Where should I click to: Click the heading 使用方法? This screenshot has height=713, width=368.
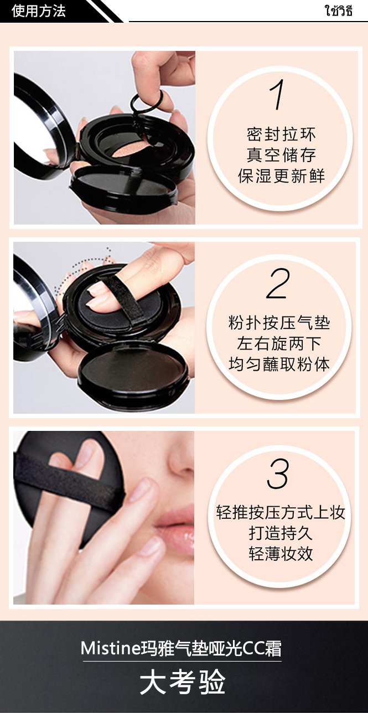tap(39, 11)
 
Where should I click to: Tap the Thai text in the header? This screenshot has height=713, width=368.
tap(339, 11)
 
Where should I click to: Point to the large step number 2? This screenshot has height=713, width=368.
tap(278, 283)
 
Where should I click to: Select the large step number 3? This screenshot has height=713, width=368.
tap(278, 473)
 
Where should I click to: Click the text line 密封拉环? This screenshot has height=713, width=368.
tap(281, 134)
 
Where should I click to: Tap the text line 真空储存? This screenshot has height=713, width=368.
tap(281, 155)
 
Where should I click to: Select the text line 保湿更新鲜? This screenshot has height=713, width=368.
tap(281, 176)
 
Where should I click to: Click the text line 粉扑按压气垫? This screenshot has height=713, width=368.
tap(279, 323)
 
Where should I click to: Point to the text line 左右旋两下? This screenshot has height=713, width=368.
tap(279, 344)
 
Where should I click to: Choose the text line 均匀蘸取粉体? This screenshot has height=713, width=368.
tap(279, 364)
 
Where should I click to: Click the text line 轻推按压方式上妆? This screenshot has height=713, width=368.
tap(281, 512)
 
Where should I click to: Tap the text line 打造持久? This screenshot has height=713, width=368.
tap(281, 533)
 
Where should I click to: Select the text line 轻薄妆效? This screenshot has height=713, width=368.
tap(281, 554)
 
